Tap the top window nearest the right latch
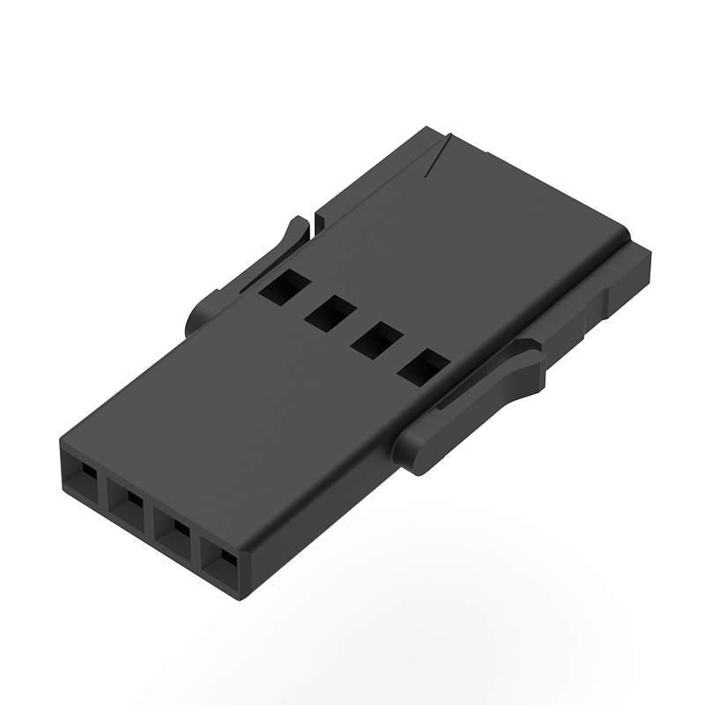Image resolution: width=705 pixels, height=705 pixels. tap(421, 365)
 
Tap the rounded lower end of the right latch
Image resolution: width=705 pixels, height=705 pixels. tap(423, 454)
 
